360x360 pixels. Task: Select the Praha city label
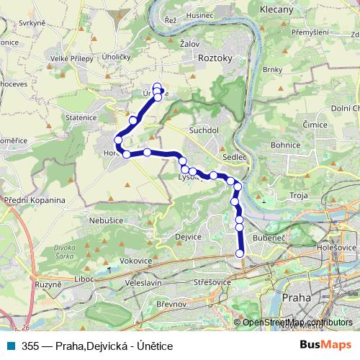point(297,297)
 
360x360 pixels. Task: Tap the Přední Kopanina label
point(34,200)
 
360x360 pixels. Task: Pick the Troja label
point(298,195)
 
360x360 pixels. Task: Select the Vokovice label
point(135,261)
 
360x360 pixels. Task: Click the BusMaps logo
point(325,346)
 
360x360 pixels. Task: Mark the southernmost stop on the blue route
point(240,253)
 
